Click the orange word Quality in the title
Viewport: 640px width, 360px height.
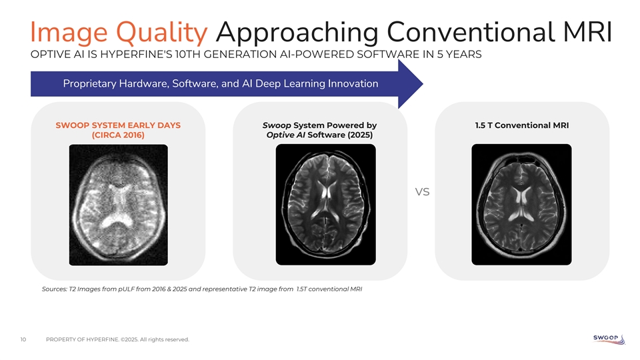point(161,33)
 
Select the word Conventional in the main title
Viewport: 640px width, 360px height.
point(471,32)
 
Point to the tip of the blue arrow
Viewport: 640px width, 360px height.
point(423,84)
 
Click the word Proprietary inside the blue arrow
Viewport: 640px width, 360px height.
point(89,84)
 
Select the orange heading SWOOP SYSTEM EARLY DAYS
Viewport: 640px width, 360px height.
point(118,125)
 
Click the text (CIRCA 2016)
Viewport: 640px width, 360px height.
point(118,135)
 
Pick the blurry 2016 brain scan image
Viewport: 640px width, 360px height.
point(119,205)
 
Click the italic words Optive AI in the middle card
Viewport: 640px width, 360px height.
point(285,135)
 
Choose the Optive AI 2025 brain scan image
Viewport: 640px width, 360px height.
point(326,205)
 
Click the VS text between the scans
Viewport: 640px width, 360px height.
point(423,192)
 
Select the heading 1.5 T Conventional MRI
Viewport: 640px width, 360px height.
point(521,125)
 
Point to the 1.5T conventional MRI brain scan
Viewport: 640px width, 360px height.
point(521,205)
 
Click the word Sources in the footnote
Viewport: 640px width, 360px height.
point(54,289)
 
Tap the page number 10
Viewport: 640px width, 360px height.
point(23,339)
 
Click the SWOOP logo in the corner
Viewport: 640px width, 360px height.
point(609,339)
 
